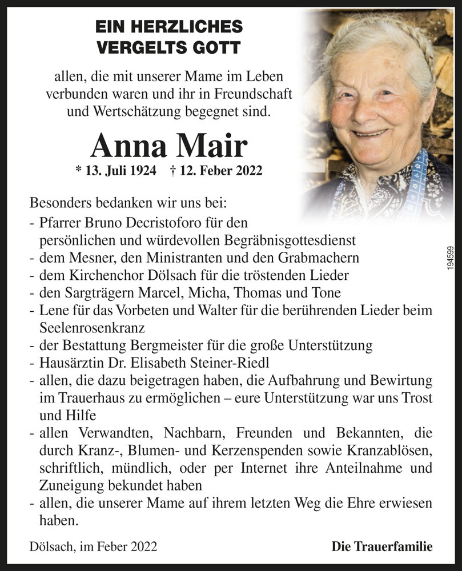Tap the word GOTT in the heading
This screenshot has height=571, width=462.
[x=215, y=47]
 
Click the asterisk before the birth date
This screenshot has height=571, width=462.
[x=78, y=170]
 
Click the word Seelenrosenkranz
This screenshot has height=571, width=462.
[x=92, y=329]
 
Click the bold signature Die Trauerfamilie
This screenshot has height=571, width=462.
[x=381, y=546]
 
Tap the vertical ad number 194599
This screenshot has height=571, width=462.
[x=451, y=262]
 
